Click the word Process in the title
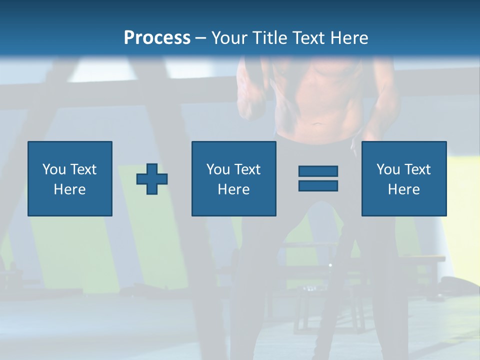tap(157, 38)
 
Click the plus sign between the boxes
tap(152, 178)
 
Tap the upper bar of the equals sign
tap(318, 171)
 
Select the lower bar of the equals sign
tap(318, 185)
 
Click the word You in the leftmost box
tap(54, 169)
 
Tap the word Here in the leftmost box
tap(70, 189)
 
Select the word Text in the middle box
tap(247, 169)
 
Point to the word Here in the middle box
tap(234, 189)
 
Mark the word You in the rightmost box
tap(388, 169)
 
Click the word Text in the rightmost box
tap(417, 169)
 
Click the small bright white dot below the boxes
tap(330, 264)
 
